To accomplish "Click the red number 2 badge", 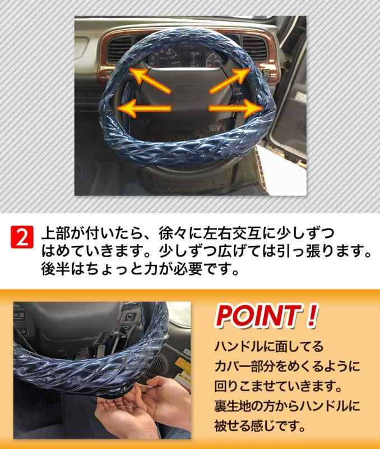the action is point(22,237).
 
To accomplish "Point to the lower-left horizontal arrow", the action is point(144,108).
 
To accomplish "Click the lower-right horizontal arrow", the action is point(236,108).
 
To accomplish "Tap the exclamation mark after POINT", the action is point(312,315).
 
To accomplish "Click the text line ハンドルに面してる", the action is point(269,346).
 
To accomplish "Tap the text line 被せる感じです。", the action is point(260,426).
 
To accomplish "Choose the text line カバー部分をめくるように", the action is point(287,366).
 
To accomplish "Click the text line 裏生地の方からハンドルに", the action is point(287,406).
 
